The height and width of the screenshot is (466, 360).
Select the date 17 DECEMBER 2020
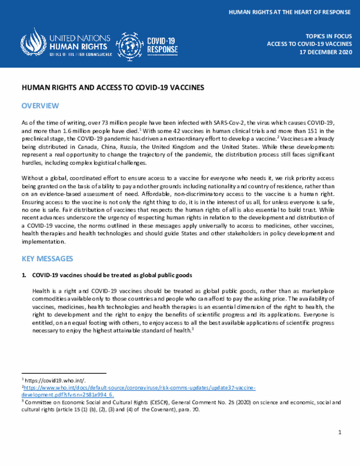coord(325,52)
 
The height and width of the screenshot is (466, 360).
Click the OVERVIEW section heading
coord(40,106)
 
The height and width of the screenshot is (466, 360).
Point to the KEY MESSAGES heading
coord(47,258)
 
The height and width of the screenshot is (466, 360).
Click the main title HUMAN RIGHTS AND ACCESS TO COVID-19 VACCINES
coord(112,88)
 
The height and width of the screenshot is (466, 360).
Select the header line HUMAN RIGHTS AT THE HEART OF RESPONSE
coord(289,11)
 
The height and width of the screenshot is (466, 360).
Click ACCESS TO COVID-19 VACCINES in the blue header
coord(309,43)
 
